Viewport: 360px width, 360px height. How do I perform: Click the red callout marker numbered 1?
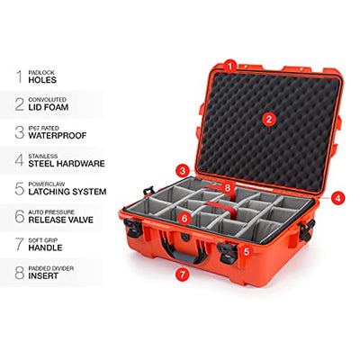pos(230,66)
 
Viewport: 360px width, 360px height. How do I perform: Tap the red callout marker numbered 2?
pos(268,120)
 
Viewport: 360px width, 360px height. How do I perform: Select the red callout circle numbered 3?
pos(183,171)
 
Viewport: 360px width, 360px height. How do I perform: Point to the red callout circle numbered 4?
pos(337,198)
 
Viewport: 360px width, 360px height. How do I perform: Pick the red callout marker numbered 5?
pos(247,251)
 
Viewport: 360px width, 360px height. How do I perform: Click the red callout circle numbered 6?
pos(184,219)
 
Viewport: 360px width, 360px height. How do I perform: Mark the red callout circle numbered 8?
pos(228,188)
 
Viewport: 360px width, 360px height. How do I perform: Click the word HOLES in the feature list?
pos(42,80)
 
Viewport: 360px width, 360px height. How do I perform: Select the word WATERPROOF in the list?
pos(58,136)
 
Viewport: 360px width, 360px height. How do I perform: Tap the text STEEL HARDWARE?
pos(67,164)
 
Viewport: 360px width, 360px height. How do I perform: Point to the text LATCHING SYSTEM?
pos(67,192)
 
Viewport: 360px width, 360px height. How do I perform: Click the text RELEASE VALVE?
pos(61,220)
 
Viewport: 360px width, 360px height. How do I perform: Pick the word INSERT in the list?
pos(43,276)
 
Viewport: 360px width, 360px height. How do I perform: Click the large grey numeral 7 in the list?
pos(20,244)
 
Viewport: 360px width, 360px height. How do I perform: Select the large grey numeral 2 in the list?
pos(20,104)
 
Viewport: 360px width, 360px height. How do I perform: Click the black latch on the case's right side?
pos(307,229)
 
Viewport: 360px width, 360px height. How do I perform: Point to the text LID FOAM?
pos(49,107)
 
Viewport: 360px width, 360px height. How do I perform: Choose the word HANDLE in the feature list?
pos(45,247)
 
